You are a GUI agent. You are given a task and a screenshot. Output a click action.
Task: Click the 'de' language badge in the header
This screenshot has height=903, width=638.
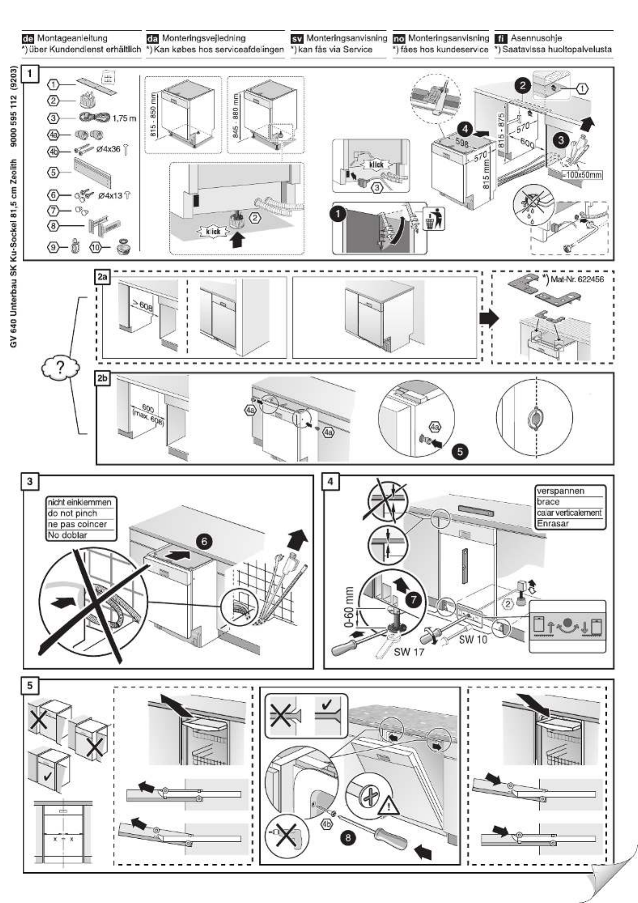[29, 38]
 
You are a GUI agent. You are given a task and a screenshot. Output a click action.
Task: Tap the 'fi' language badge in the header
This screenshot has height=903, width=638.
[501, 38]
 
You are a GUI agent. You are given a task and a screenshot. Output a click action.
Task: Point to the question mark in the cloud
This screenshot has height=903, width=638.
[60, 367]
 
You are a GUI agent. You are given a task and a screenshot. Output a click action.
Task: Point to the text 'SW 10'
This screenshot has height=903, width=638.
[473, 640]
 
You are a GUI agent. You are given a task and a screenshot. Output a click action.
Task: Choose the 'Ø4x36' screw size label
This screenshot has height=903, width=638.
[108, 149]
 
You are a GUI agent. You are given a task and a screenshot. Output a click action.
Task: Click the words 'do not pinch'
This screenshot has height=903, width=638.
[73, 513]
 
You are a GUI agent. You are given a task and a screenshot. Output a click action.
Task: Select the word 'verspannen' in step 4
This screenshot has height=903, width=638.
[560, 491]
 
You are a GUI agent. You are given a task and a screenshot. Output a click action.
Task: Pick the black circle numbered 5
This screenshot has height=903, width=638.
[460, 451]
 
